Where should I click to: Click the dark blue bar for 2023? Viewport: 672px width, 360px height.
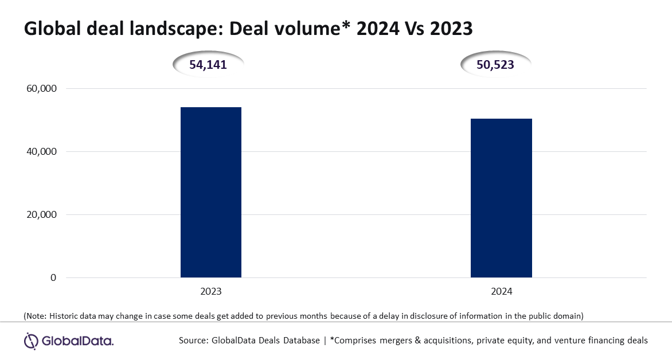pyautogui.click(x=211, y=193)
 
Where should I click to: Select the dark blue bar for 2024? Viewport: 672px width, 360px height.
pyautogui.click(x=501, y=198)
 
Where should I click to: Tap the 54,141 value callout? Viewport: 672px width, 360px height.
pyautogui.click(x=208, y=65)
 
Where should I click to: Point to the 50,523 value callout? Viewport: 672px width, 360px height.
pyautogui.click(x=495, y=65)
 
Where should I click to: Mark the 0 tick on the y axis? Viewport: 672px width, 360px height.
pyautogui.click(x=53, y=278)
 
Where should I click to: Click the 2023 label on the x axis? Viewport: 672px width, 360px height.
pyautogui.click(x=211, y=292)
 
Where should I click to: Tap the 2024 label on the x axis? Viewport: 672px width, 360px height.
pyautogui.click(x=501, y=292)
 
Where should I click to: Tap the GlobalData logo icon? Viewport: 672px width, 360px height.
pyautogui.click(x=31, y=341)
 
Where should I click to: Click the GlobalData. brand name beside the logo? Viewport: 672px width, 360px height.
pyautogui.click(x=77, y=342)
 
